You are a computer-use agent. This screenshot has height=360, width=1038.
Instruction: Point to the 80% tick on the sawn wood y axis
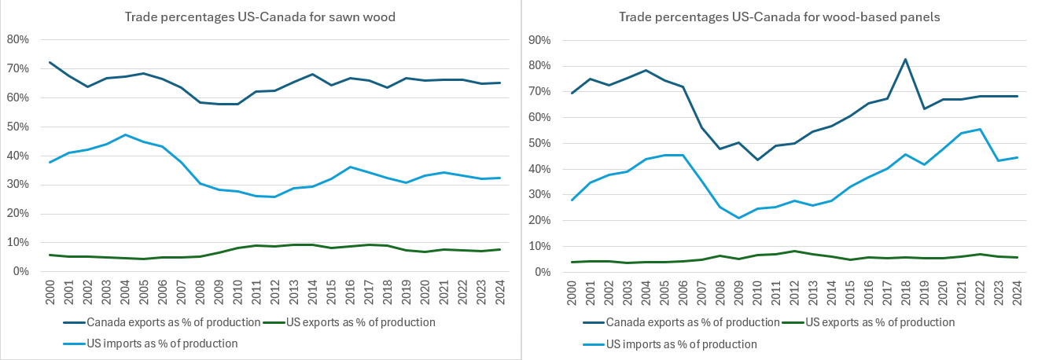18,39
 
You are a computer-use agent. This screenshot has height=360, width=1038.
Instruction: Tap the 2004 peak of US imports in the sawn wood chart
125,134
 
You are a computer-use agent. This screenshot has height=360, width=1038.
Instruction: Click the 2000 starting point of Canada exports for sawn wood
51,62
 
